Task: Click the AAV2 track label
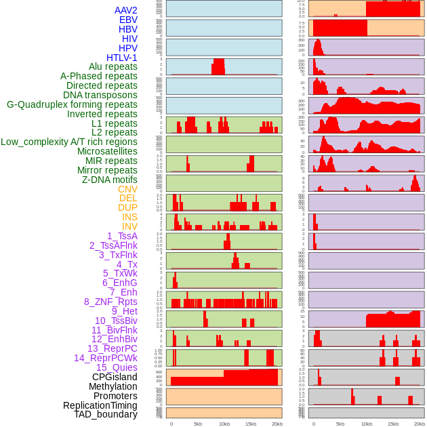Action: [126, 10]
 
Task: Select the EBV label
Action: [128, 20]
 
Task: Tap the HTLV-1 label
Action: [122, 58]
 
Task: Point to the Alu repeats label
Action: [113, 66]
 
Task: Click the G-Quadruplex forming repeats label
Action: [72, 104]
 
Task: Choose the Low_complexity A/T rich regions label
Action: [69, 142]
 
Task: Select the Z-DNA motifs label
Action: [110, 180]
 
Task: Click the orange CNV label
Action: [127, 189]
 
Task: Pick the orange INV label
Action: [129, 226]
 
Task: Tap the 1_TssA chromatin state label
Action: [122, 236]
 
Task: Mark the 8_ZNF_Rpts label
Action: [110, 302]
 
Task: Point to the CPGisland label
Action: [115, 377]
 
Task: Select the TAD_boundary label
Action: [106, 414]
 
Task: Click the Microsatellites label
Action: [107, 151]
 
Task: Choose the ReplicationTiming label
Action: [100, 405]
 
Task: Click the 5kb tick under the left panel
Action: [198, 424]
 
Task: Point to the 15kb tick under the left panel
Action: [250, 424]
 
